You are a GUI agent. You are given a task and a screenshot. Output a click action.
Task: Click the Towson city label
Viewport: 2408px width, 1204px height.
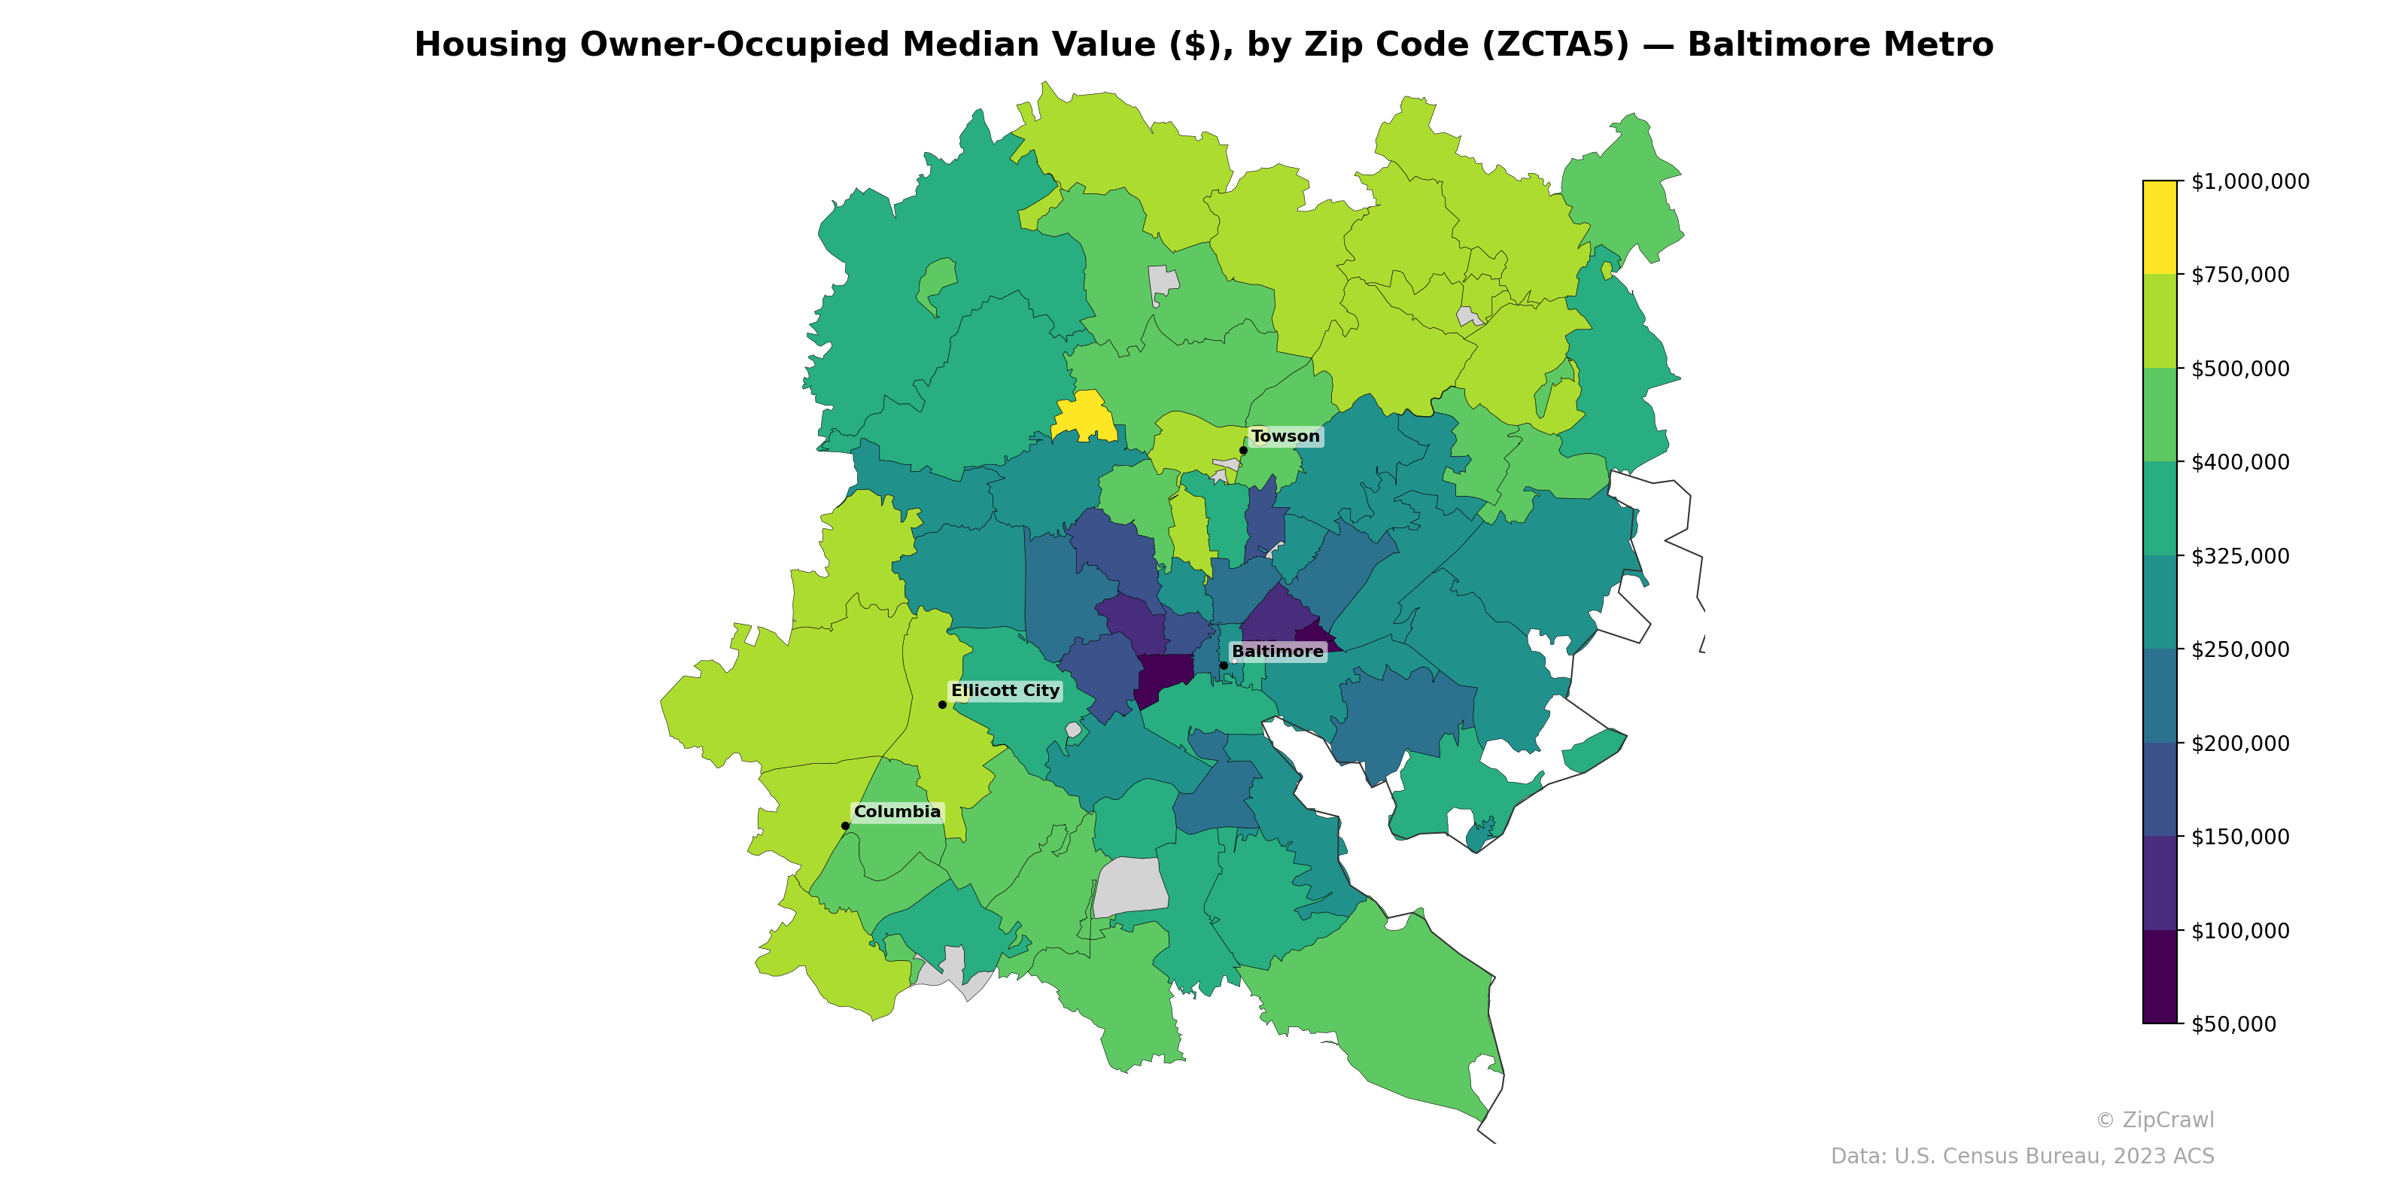1285,436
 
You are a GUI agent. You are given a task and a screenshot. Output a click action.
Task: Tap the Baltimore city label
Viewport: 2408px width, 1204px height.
1277,652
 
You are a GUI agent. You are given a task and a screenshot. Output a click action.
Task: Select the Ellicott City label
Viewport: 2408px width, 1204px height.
1005,691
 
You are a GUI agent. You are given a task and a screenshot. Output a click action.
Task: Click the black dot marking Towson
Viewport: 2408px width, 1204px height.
1243,451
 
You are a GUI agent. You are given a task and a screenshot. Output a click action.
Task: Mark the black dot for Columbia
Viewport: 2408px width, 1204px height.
845,825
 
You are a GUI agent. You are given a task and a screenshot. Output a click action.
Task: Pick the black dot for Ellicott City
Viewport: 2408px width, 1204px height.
942,705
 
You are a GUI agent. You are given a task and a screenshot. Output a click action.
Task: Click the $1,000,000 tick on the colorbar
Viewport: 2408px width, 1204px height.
2249,181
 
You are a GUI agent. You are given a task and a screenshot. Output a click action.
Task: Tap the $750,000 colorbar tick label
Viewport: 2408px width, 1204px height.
2239,275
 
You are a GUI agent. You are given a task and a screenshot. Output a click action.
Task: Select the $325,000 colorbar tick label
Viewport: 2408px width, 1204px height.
2239,556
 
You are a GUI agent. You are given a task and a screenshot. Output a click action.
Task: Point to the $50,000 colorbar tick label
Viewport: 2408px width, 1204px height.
2234,1024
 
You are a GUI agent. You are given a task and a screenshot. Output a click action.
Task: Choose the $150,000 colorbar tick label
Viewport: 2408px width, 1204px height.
2239,837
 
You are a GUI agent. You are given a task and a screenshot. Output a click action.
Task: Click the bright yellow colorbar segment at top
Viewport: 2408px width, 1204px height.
2160,227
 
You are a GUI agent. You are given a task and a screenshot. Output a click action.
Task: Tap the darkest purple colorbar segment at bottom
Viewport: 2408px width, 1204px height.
2160,977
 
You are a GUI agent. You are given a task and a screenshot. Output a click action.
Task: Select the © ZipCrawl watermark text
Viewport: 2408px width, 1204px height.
2154,1120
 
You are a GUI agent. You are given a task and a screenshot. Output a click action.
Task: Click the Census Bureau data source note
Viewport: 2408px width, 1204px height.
2022,1157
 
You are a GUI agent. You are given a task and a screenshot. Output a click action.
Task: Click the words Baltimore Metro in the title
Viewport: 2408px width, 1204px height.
1840,45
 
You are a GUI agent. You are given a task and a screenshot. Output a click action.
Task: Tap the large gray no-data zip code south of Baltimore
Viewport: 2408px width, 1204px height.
1131,886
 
